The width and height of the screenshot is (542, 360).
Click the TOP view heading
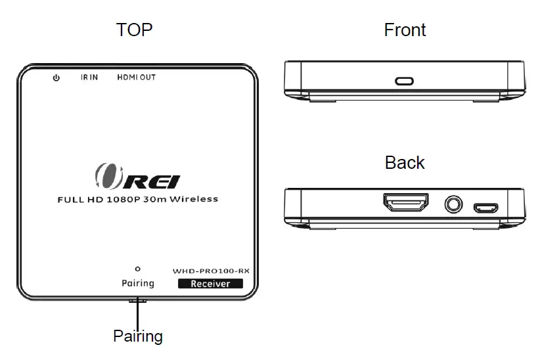click(x=134, y=30)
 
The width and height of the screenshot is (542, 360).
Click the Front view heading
click(x=405, y=30)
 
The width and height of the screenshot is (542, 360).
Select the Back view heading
click(x=405, y=162)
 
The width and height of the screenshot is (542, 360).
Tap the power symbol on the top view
click(x=56, y=78)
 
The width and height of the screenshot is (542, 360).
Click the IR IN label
click(x=89, y=78)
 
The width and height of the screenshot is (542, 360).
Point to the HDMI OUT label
click(x=136, y=78)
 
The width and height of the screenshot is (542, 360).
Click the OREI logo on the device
click(x=137, y=177)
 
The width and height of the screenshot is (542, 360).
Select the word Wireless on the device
click(x=193, y=198)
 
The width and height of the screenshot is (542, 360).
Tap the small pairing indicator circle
click(x=137, y=269)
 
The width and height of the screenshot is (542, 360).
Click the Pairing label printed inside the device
click(x=137, y=283)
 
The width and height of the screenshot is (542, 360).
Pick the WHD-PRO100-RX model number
click(x=211, y=270)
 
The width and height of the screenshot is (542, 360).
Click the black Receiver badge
click(x=210, y=284)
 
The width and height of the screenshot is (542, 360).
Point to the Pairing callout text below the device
click(x=138, y=336)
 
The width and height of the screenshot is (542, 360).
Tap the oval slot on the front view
click(x=404, y=81)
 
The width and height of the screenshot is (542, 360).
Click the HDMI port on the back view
click(x=406, y=204)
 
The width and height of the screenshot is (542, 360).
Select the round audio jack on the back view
click(x=452, y=205)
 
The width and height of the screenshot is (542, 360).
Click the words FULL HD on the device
click(x=79, y=198)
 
